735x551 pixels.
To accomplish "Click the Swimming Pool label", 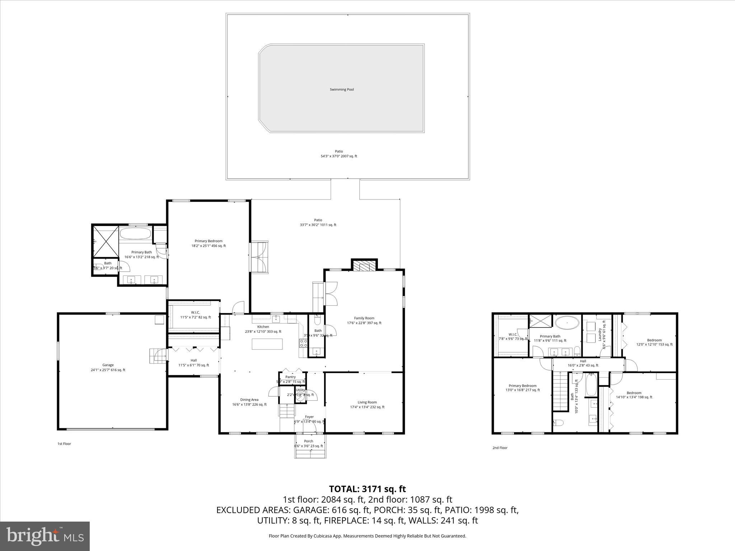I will (342, 89).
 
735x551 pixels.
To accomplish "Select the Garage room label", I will (108, 365).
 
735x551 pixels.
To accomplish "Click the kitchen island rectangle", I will (267, 344).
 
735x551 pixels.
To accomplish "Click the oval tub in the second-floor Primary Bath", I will (567, 323).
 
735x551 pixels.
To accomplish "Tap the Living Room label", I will (367, 402).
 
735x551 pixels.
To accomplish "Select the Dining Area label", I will (249, 400).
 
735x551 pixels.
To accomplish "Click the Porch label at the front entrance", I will (309, 441).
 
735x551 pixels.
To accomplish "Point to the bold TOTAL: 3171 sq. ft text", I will (367, 489).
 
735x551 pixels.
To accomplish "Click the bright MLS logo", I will (45, 536).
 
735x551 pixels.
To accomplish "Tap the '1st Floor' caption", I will (64, 444).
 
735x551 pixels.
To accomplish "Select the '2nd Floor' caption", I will (500, 448).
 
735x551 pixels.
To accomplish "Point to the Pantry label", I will (290, 377).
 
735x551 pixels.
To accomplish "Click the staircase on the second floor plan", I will (560, 391).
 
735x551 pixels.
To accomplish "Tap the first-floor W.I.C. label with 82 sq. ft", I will (195, 312).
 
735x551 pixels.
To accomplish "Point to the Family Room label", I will (364, 318).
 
